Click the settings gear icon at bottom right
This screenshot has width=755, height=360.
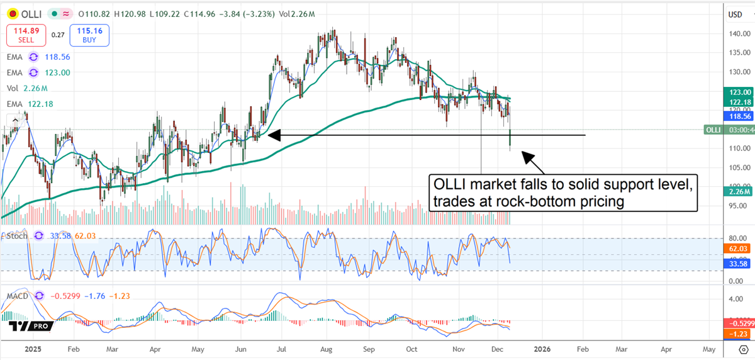click(742, 348)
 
